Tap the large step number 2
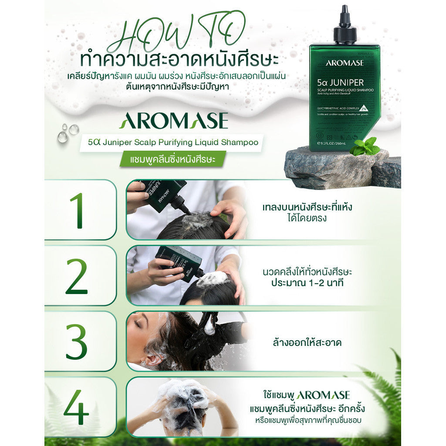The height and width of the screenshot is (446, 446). click(x=77, y=276)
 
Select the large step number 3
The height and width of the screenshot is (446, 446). click(x=77, y=342)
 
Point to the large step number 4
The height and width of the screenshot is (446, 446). click(x=77, y=407)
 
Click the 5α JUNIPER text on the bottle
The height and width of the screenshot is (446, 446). click(x=344, y=82)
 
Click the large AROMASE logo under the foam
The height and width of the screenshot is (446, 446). click(x=173, y=121)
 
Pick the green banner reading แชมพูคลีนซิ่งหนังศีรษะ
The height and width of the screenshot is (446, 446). click(x=173, y=159)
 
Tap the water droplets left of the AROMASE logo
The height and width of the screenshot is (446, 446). click(x=68, y=132)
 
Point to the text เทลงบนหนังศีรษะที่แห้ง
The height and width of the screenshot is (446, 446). click(x=307, y=207)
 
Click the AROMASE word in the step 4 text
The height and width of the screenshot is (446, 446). click(x=323, y=395)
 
